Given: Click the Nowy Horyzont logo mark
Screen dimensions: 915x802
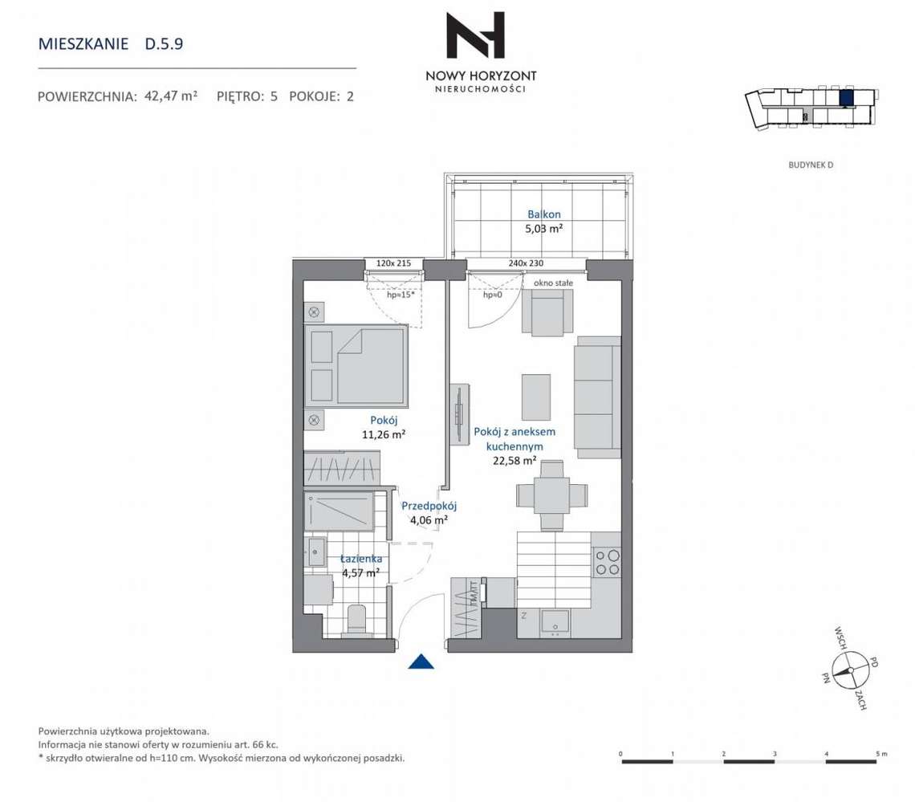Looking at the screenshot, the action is point(475,35).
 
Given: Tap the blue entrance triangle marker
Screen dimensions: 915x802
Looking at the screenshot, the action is point(421,662).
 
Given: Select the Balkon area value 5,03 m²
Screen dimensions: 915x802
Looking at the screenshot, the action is point(544,229).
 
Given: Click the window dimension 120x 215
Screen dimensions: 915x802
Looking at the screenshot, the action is point(393,263).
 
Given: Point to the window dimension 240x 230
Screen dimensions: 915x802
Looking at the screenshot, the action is point(526,263).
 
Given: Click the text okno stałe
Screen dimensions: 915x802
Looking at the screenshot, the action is point(553,283).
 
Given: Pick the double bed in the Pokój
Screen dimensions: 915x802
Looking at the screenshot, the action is point(356,366).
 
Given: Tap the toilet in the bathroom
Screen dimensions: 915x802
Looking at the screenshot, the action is point(356,620).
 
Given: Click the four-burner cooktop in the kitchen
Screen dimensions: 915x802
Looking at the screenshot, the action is point(607,562).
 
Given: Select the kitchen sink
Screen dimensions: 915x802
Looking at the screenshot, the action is point(555,622).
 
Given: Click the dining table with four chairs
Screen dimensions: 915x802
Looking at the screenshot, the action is point(551,495).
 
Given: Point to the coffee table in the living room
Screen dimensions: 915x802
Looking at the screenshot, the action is point(536,397).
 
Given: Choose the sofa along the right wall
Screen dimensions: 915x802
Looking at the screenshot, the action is point(597,397).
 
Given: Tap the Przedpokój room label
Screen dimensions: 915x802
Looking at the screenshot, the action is point(429,506).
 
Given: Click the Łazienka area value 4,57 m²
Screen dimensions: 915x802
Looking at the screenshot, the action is point(360,573).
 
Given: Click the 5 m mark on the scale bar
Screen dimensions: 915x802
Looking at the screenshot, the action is point(882,754).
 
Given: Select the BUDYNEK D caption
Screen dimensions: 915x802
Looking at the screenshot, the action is point(811,165).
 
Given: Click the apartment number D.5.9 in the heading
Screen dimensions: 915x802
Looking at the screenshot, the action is point(164,44).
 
